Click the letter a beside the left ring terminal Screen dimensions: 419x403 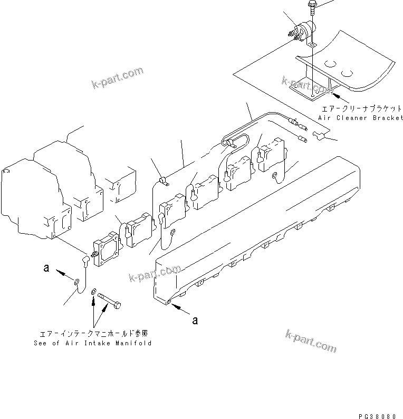pyautogui.click(x=46, y=268)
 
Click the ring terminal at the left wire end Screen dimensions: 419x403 pyautogui.click(x=78, y=283)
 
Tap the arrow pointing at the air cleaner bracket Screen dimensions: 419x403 pyautogui.click(x=339, y=97)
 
